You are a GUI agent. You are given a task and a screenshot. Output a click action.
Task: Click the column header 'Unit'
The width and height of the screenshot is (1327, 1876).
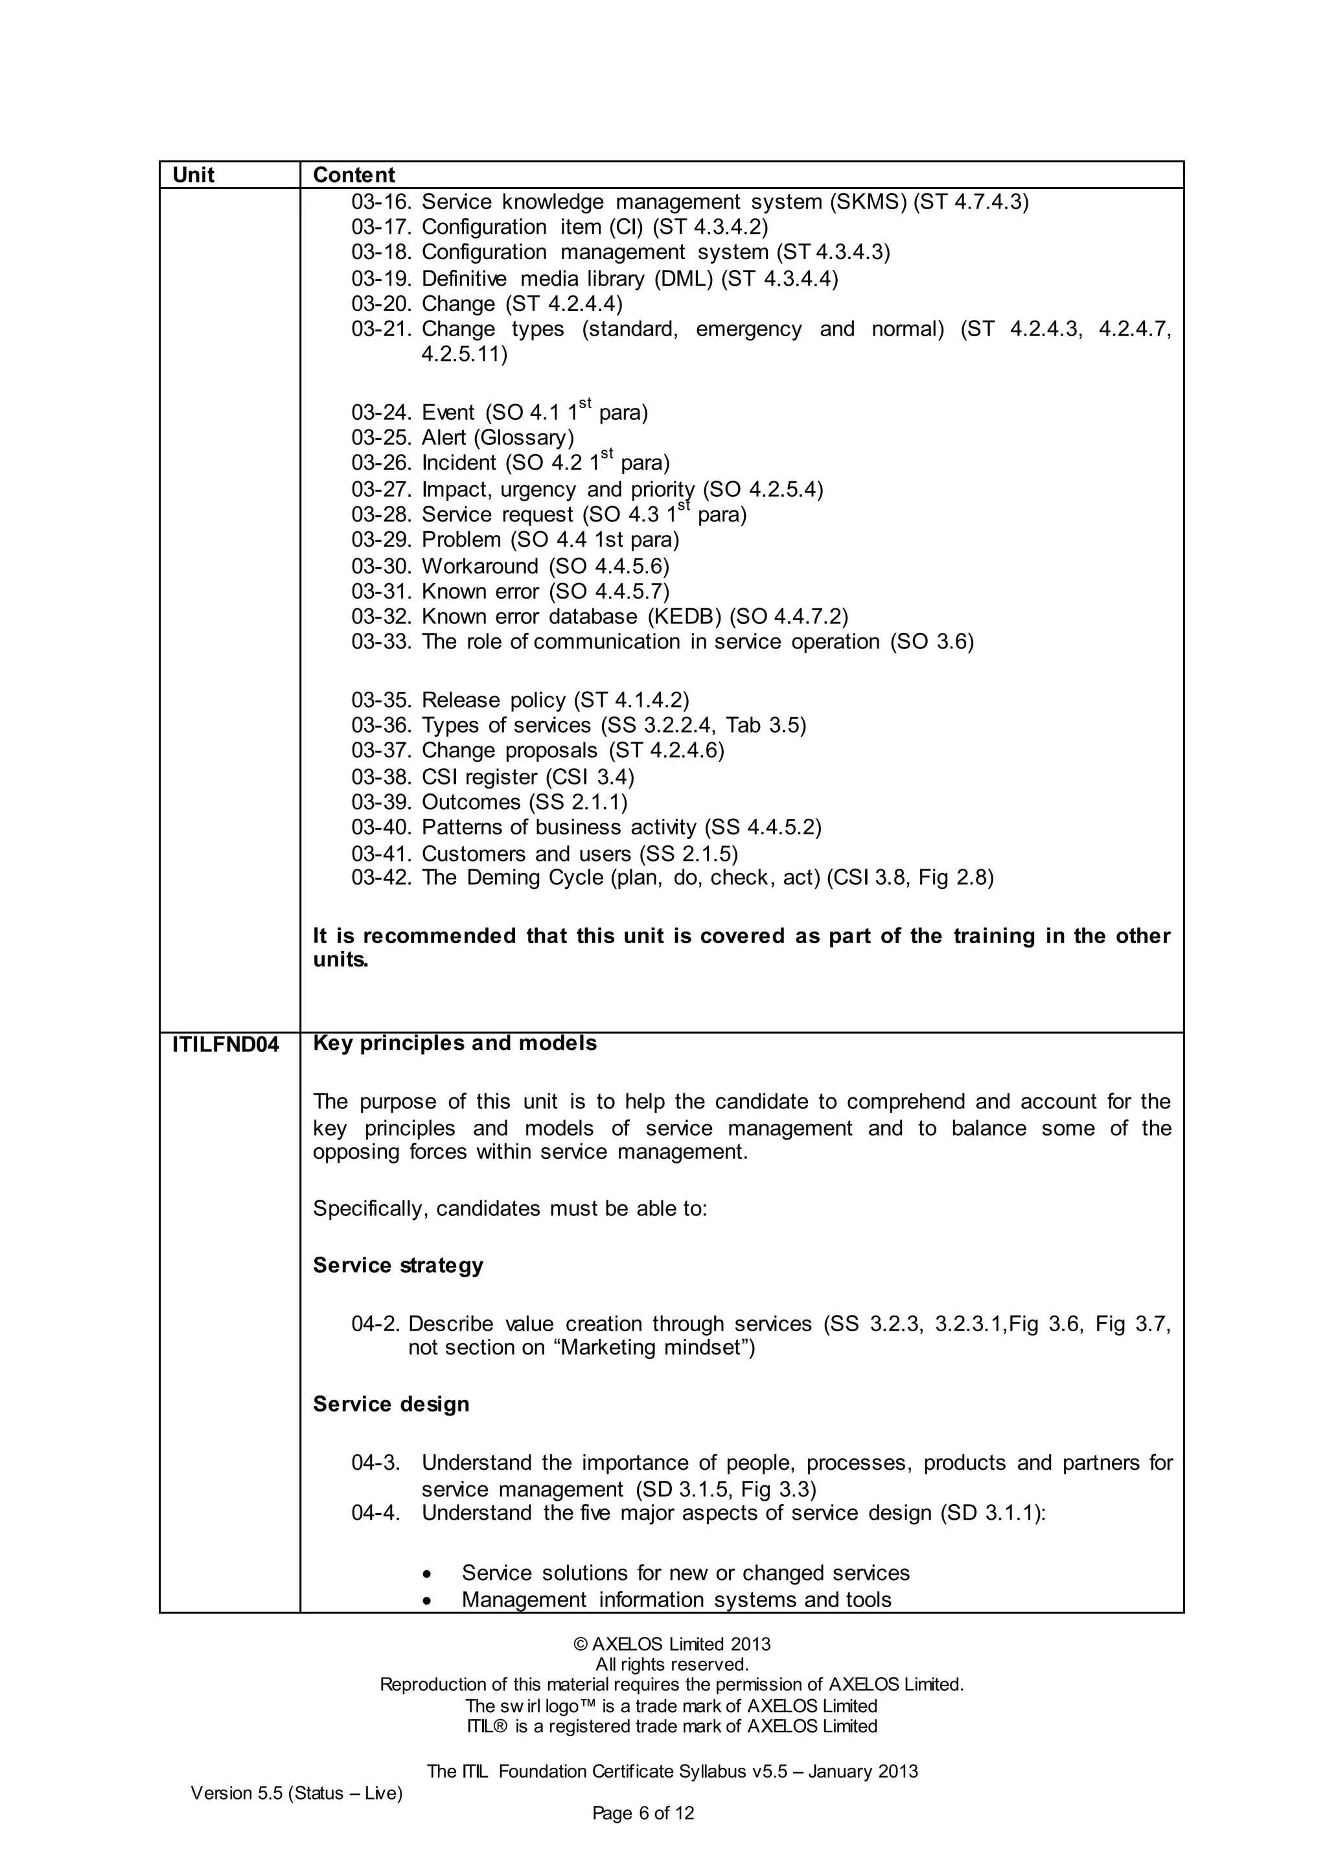click(x=193, y=175)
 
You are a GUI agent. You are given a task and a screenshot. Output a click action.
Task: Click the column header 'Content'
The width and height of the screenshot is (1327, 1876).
click(x=353, y=175)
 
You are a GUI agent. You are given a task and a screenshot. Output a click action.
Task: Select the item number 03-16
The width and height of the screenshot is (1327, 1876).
click(x=381, y=202)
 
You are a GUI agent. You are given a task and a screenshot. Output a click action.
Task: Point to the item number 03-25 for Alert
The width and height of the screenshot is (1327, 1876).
click(x=381, y=438)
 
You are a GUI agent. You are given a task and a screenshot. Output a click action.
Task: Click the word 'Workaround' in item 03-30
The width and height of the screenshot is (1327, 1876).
click(x=479, y=566)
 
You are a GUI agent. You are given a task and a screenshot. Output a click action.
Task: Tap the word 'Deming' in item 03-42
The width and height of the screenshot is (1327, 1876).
click(x=504, y=878)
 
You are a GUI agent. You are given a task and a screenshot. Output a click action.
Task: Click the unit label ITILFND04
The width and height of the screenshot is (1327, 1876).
click(x=225, y=1045)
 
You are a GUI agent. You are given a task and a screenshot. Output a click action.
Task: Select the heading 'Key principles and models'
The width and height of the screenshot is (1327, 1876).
click(x=454, y=1044)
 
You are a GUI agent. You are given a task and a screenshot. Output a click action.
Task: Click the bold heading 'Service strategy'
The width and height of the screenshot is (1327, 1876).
click(x=398, y=1266)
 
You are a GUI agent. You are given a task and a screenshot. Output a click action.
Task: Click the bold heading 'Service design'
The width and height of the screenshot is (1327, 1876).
click(x=391, y=1404)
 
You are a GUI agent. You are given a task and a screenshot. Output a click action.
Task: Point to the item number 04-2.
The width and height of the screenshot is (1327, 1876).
click(x=376, y=1323)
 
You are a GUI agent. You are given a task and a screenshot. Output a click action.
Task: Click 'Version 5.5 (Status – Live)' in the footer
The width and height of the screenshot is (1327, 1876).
click(x=297, y=1792)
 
